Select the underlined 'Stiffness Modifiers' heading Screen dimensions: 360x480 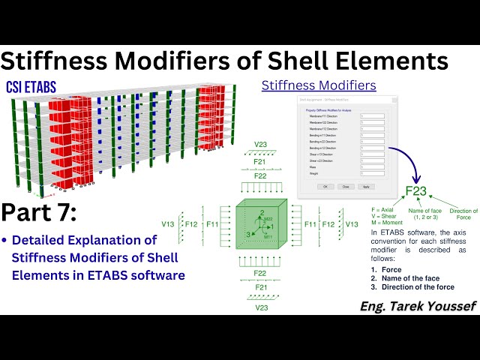point(319,85)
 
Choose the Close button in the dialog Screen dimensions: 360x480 point(345,186)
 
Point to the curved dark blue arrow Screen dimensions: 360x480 point(409,157)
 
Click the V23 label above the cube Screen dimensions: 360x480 point(260,144)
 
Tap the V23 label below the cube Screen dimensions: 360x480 point(260,307)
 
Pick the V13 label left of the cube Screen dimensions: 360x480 point(169,223)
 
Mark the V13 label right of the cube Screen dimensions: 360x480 point(352,223)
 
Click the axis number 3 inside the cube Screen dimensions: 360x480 point(247,234)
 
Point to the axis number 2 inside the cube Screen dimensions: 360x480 point(262,213)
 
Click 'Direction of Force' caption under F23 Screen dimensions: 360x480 point(463,215)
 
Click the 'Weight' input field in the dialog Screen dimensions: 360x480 point(372,173)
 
